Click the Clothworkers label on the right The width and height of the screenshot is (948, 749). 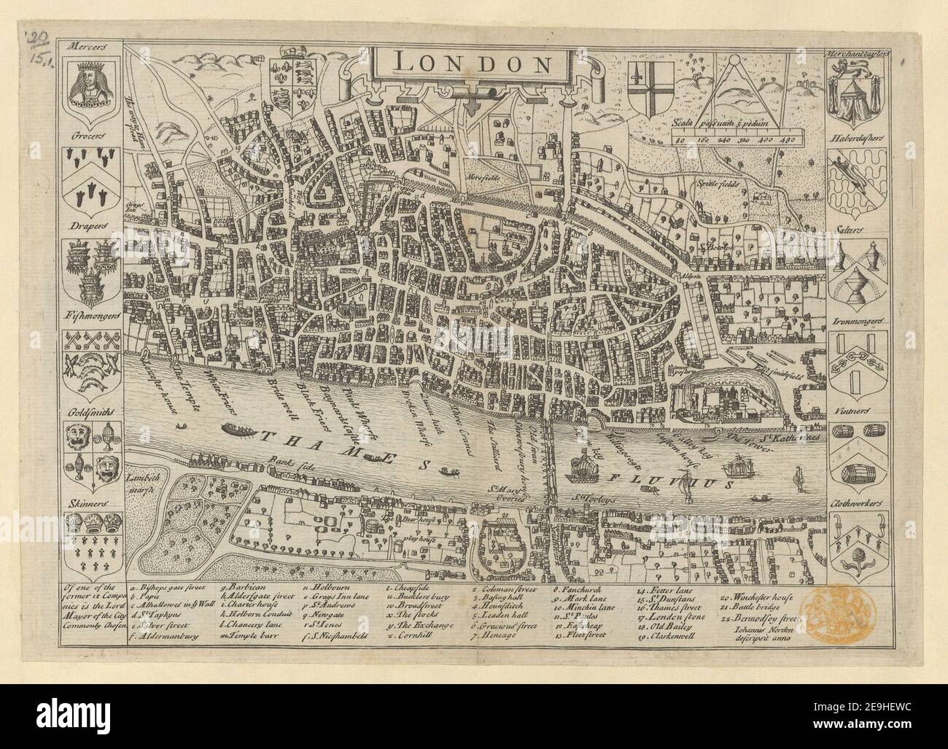pyautogui.click(x=858, y=503)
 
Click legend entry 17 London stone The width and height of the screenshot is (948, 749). pyautogui.click(x=668, y=616)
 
